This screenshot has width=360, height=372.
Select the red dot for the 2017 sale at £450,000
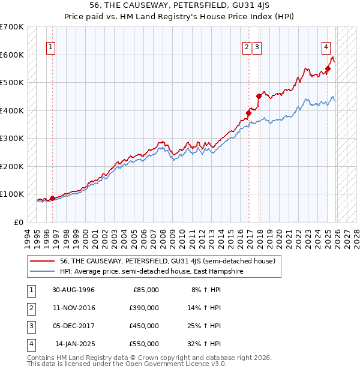coord(259,96)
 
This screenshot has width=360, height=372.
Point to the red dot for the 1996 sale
coord(52,198)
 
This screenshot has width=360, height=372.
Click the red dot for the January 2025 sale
coord(328,68)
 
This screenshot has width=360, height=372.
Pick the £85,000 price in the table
coord(143,290)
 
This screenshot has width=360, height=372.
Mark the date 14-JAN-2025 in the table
coord(74,344)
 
